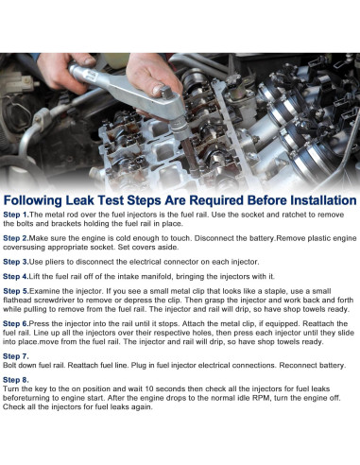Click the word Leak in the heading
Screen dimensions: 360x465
tap(79, 200)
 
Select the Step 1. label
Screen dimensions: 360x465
tap(16, 215)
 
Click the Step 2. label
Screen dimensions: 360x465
tap(16, 238)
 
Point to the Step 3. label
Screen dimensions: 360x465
tap(16, 262)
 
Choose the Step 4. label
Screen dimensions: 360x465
tap(16, 277)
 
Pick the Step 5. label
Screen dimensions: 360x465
tap(16, 291)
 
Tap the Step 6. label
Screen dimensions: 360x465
tap(16, 323)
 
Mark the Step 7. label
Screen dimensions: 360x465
tap(16, 356)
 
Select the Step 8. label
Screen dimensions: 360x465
tap(16, 380)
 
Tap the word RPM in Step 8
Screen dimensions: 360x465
tap(262, 398)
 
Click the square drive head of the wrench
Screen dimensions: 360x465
tap(166, 93)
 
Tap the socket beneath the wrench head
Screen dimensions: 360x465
tap(181, 129)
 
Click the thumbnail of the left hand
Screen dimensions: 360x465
tap(90, 60)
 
